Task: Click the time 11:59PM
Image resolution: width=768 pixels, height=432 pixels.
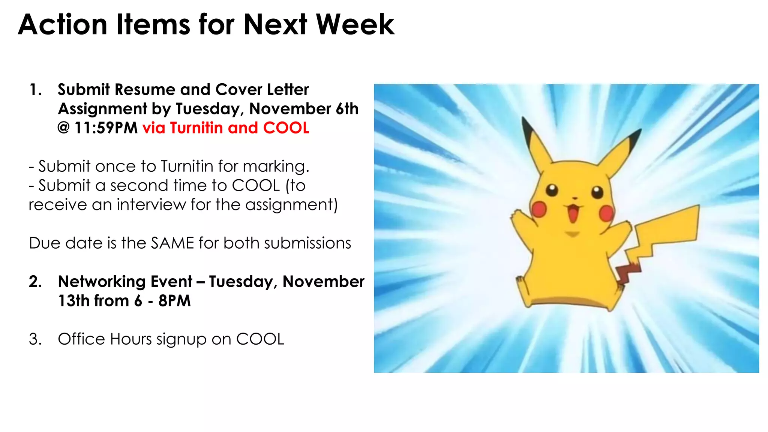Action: pyautogui.click(x=106, y=128)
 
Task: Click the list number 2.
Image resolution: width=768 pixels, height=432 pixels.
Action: pyautogui.click(x=35, y=282)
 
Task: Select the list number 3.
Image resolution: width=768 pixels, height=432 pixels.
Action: pyautogui.click(x=35, y=339)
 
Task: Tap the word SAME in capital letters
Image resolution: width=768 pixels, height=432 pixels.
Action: pyautogui.click(x=172, y=243)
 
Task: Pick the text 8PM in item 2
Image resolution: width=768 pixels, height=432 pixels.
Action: pyautogui.click(x=174, y=301)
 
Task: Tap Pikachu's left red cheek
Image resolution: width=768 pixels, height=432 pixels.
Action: pyautogui.click(x=539, y=209)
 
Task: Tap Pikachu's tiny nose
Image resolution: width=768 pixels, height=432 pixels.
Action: pyautogui.click(x=574, y=198)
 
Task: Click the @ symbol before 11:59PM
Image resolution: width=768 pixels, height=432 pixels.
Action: pyautogui.click(x=64, y=128)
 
